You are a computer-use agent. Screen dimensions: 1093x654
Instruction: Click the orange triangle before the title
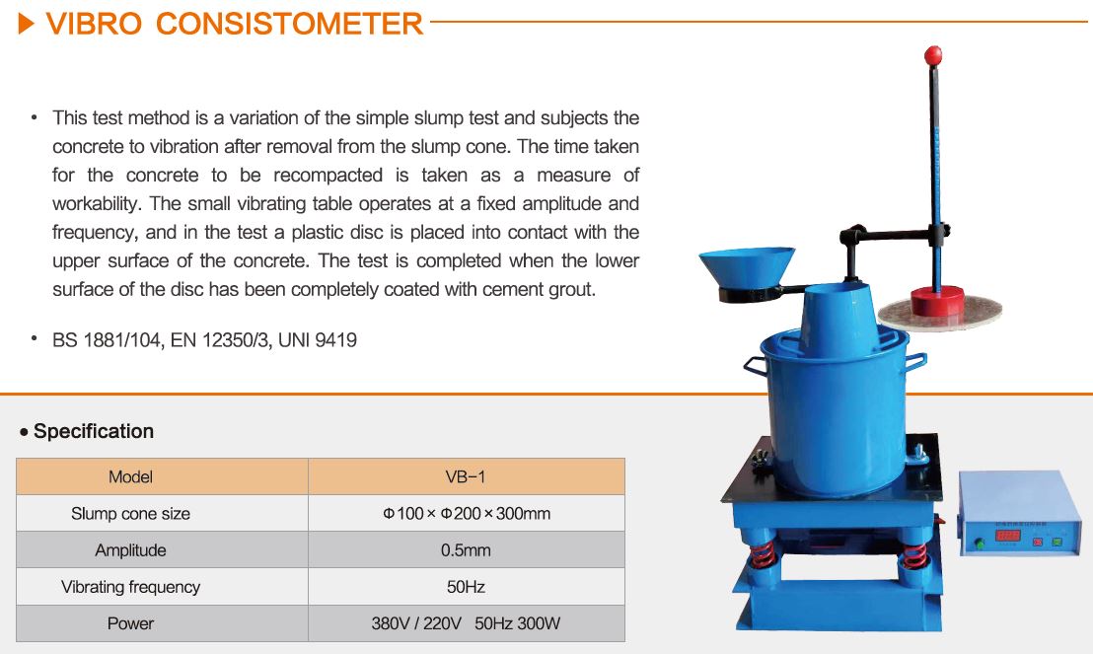point(26,25)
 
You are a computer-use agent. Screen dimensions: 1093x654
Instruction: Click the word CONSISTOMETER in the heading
point(289,25)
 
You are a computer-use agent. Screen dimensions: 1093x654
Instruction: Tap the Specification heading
point(94,432)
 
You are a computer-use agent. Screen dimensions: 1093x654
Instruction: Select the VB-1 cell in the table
point(466,476)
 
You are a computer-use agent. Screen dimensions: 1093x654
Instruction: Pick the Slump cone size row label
point(130,514)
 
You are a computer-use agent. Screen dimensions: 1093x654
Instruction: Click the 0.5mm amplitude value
point(466,550)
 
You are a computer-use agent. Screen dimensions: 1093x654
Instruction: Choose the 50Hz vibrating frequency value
point(466,587)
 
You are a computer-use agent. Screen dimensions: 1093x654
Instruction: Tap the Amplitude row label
point(130,550)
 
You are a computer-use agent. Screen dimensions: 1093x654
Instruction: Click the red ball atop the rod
point(932,54)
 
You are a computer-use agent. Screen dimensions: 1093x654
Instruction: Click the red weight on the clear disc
point(938,301)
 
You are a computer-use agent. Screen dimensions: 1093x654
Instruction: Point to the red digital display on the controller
point(1008,536)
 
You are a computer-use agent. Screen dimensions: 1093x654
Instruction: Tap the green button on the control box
point(1057,541)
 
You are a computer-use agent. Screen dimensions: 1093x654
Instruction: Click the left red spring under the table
point(763,554)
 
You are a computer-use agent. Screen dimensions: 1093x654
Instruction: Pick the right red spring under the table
point(913,555)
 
